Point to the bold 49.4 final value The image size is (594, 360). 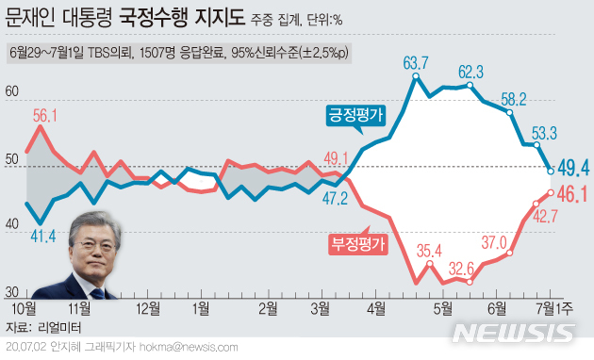(573, 169)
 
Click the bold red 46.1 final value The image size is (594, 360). (573, 196)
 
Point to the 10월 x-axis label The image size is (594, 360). (25, 307)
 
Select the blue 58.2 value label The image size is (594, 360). (514, 97)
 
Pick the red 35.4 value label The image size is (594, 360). (430, 250)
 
